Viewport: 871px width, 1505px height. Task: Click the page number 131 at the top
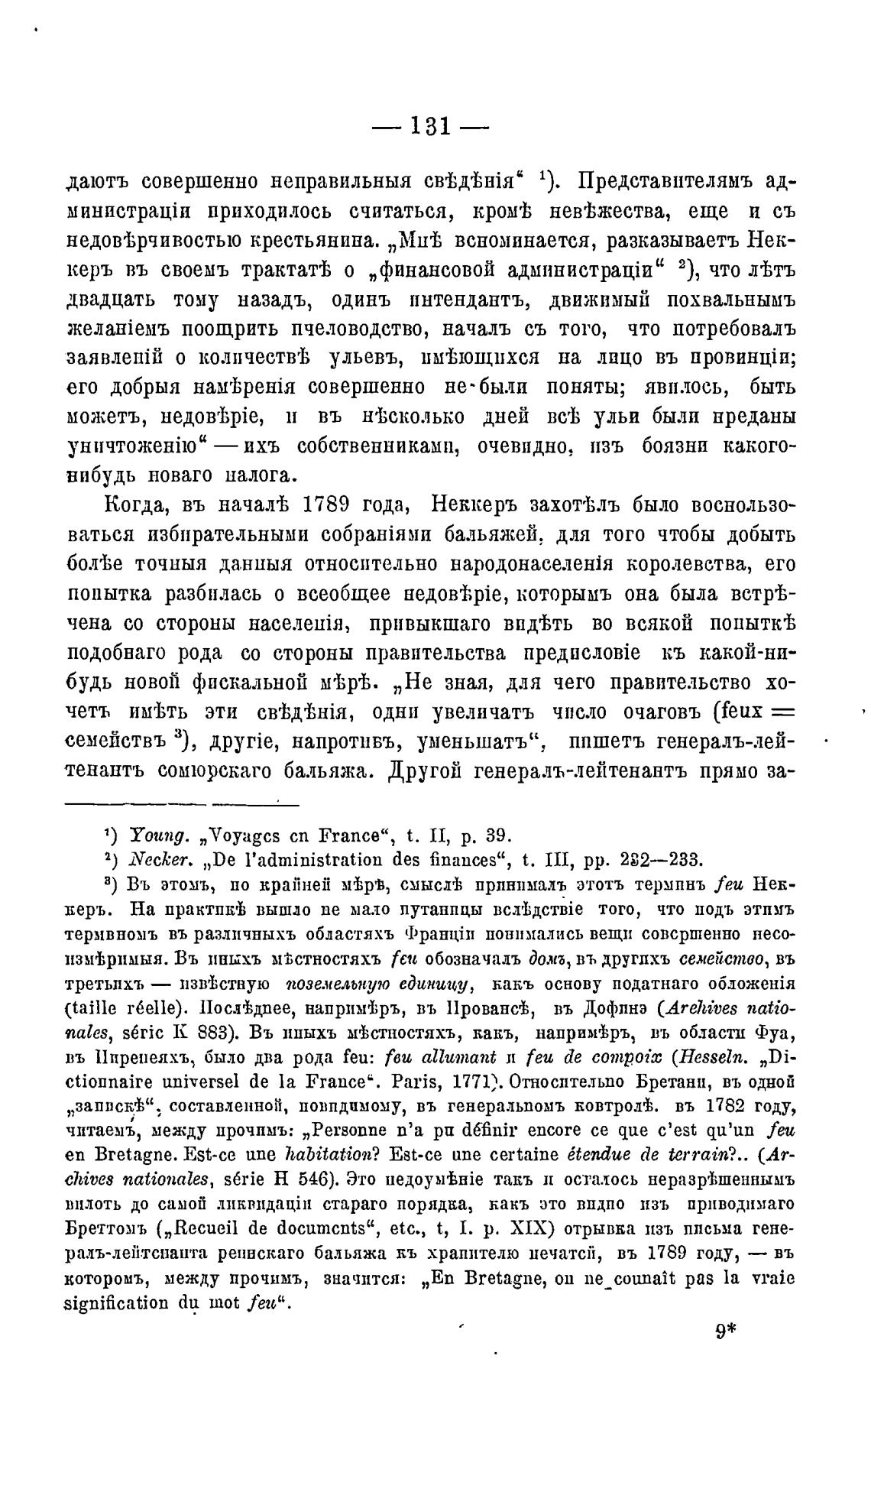(x=431, y=126)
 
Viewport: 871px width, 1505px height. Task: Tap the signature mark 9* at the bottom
(x=725, y=1331)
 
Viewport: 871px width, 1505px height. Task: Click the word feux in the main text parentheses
(x=738, y=712)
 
